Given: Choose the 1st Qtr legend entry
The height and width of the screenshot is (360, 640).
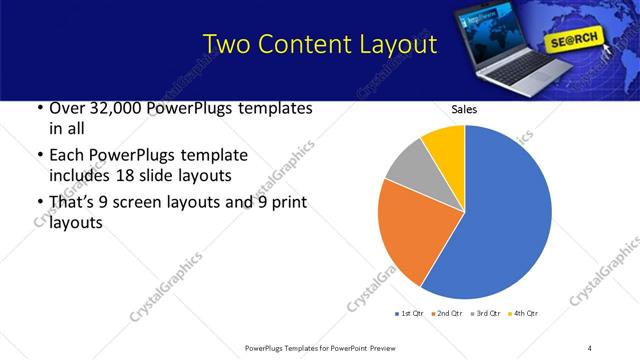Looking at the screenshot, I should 410,314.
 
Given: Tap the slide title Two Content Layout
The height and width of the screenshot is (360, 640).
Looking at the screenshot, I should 319,45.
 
